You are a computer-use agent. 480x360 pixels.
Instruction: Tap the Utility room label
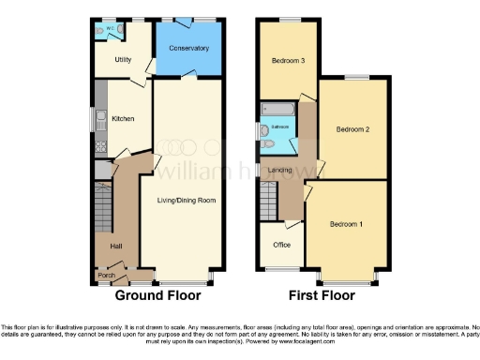tap(123, 60)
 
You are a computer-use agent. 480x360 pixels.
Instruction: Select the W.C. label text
tap(110, 28)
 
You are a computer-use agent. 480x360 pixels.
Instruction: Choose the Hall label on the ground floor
tap(116, 246)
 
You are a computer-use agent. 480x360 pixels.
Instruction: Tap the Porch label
tap(107, 276)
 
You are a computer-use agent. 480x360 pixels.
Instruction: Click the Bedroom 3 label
tap(288, 61)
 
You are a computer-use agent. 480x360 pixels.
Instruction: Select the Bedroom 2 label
tap(353, 130)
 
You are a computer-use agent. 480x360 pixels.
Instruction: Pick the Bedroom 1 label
tap(347, 225)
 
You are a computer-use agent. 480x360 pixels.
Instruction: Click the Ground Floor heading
tap(153, 295)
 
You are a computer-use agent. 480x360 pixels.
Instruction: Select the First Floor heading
tap(322, 295)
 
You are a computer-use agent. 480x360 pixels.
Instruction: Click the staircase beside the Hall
tap(103, 202)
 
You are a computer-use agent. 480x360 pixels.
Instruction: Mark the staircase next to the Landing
tap(268, 200)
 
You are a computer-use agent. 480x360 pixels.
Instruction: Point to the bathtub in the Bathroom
tap(277, 110)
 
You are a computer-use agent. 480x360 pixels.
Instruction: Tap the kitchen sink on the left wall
tap(98, 120)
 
